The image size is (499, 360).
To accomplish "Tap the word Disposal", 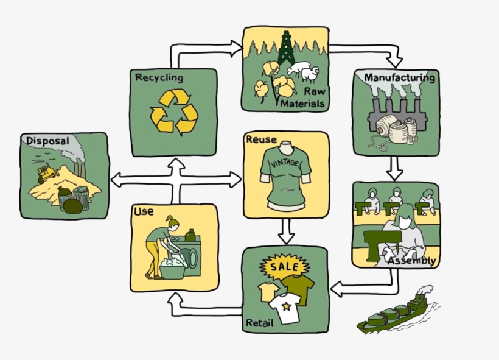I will coord(47,141).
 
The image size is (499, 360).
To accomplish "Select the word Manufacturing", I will coord(399,78).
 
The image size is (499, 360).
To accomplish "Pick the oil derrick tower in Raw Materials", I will coord(286,49).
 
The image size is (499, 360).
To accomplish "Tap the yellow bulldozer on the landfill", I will coord(45,174).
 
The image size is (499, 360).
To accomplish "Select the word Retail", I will coord(259,322).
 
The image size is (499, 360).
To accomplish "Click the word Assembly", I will coord(413,261).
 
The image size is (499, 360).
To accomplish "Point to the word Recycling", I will coord(159,77).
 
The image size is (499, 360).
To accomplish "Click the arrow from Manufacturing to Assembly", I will coord(396,167).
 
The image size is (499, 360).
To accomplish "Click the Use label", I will coord(143,211).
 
